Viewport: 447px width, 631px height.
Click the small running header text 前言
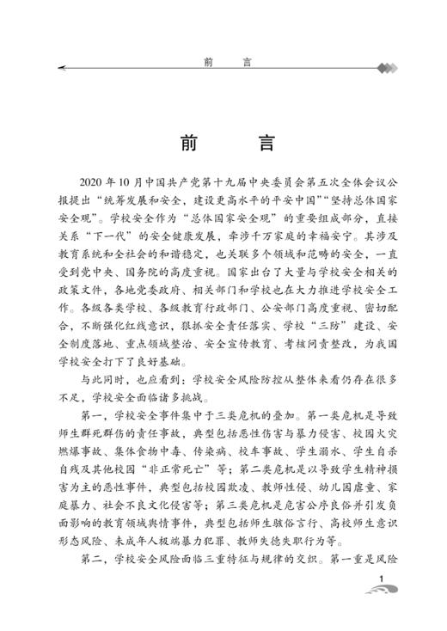[223, 62]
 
